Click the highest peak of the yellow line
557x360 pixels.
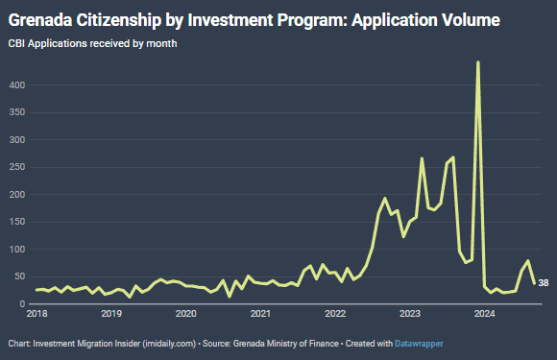478,62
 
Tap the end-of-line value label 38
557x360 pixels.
544,283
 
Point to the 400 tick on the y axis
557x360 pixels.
17,85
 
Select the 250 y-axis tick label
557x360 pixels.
17,167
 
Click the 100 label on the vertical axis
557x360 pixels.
17,250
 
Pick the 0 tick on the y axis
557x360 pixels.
22,304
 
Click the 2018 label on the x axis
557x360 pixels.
36,314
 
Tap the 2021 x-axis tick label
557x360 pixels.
260,314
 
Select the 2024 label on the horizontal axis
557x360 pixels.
485,314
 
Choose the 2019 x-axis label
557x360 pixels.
111,314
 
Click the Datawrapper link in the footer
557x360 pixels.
419,344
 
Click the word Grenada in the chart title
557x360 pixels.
40,20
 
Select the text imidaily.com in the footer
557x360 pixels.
169,344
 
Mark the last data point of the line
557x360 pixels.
534,283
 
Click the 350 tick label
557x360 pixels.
17,112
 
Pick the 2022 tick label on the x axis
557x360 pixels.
335,314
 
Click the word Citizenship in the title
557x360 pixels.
119,20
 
